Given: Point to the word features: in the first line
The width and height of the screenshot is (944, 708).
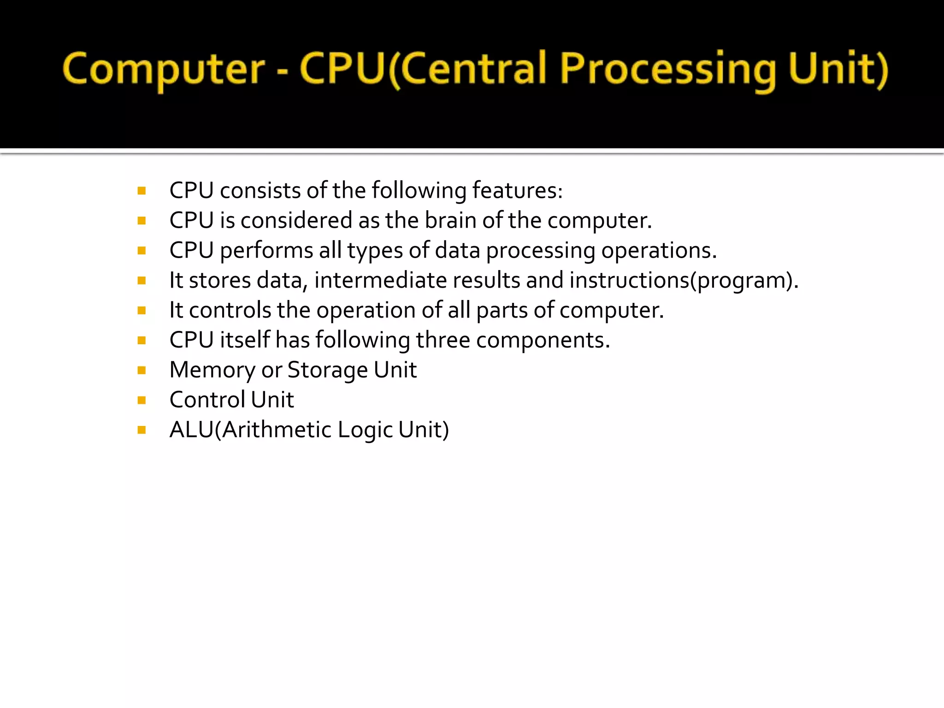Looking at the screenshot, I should pos(517,190).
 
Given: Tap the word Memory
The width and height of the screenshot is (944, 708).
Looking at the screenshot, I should pos(212,370).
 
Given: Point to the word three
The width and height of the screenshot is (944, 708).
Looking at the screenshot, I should pos(443,340).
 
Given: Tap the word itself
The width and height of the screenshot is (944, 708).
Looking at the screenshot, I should pos(245,340).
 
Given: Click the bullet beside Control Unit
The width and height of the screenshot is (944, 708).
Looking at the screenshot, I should pos(142,400).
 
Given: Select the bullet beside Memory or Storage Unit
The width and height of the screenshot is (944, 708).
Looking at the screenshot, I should pos(142,370).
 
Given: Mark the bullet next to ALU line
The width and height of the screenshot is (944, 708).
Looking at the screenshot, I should pos(142,430).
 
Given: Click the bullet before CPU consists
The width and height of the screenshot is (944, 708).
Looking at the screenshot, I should pos(142,191).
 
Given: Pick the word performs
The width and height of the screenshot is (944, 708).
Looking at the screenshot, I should pos(266,251).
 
